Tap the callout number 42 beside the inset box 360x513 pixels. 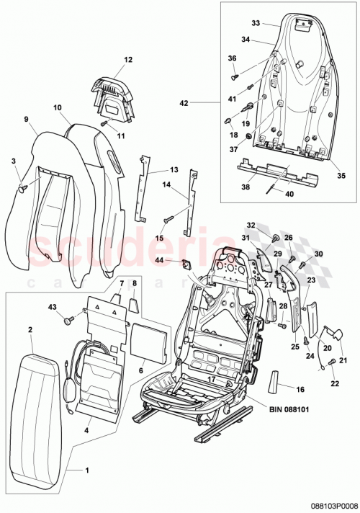pos(184,103)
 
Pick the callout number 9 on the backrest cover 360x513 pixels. pos(26,119)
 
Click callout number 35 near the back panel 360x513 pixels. pos(341,175)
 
